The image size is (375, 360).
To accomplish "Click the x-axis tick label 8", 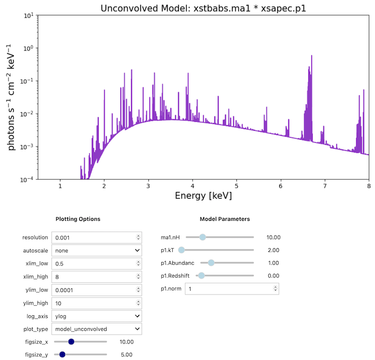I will click(368, 186).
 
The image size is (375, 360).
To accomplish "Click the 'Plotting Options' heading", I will click(78, 219).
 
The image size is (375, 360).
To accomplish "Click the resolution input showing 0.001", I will click(97, 237).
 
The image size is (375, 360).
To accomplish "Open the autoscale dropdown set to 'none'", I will click(97, 250).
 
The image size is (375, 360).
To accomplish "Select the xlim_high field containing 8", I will click(97, 277).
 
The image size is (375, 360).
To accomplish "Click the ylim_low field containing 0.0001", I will click(97, 290).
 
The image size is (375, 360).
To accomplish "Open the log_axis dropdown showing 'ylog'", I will click(97, 316).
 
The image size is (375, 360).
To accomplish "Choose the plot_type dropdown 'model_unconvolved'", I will click(97, 329).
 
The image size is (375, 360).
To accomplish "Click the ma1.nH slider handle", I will click(202, 237).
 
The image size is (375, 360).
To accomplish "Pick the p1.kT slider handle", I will click(182, 250).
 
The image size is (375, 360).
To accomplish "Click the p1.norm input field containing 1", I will click(231, 288).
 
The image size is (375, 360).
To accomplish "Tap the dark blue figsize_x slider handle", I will click(71, 342).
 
